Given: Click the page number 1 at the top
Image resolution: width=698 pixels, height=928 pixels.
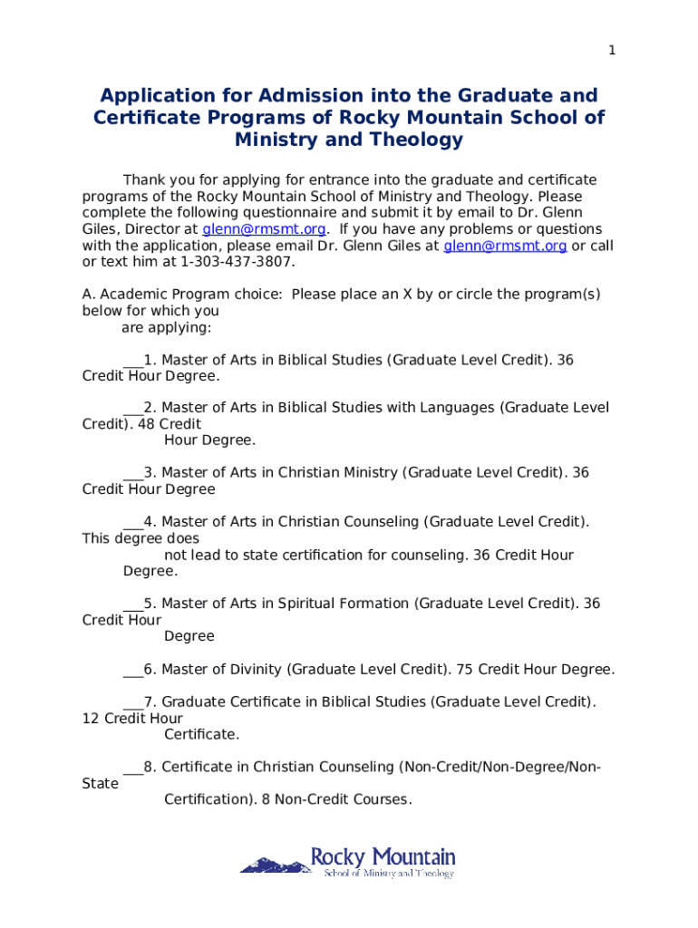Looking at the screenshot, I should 612,51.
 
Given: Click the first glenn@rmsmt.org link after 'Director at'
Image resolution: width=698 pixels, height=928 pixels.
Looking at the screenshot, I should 264,229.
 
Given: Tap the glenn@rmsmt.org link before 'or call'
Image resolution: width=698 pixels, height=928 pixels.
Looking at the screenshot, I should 505,246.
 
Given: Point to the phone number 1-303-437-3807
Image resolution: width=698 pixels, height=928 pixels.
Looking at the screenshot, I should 238,262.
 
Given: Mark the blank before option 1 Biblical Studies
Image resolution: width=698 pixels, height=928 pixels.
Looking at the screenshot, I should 132,361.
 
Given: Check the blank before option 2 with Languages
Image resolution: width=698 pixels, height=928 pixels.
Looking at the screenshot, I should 132,409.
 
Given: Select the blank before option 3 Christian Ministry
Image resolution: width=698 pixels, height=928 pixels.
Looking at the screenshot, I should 132,473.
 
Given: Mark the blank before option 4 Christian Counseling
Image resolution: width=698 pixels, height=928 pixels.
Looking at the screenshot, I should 132,522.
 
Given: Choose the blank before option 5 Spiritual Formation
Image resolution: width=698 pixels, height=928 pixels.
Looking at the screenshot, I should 132,604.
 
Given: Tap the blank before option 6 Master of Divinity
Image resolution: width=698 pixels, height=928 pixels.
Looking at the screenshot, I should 132,671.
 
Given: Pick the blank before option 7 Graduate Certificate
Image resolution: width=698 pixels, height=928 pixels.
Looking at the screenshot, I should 132,702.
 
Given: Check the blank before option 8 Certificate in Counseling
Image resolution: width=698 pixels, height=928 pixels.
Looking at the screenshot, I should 132,768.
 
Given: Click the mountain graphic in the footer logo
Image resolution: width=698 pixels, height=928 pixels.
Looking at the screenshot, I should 273,865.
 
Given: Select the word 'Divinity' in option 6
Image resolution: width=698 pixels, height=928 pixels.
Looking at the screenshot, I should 257,670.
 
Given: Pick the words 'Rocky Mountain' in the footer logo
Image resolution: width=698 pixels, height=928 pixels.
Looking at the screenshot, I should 383,856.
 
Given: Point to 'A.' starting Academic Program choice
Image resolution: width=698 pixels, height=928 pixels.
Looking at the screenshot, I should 89,295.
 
